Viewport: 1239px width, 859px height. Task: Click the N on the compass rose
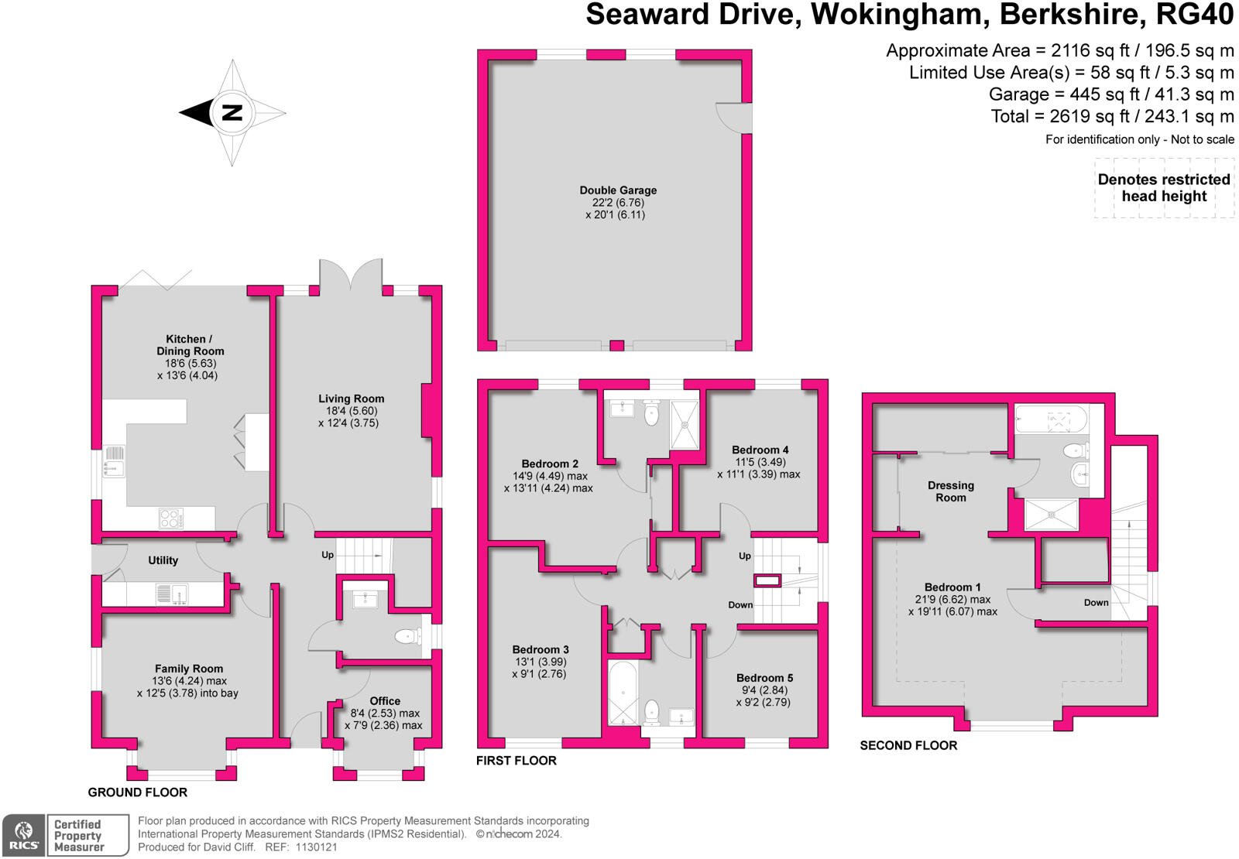pyautogui.click(x=232, y=113)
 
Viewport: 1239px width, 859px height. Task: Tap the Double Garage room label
pyautogui.click(x=618, y=190)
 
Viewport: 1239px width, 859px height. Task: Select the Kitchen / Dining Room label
pyautogui.click(x=190, y=345)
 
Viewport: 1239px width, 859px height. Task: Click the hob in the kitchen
pyautogui.click(x=171, y=518)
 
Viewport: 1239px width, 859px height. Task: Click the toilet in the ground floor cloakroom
pyautogui.click(x=407, y=636)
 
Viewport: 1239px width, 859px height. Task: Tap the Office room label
pyautogui.click(x=385, y=701)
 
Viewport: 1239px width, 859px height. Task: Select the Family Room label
pyautogui.click(x=189, y=669)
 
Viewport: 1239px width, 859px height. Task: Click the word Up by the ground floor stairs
pyautogui.click(x=328, y=555)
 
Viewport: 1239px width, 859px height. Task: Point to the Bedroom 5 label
pyautogui.click(x=764, y=678)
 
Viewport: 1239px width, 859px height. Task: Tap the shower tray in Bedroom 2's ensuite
pyautogui.click(x=684, y=424)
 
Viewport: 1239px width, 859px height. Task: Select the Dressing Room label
pyautogui.click(x=950, y=491)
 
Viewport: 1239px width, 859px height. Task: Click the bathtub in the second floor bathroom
pyautogui.click(x=1051, y=420)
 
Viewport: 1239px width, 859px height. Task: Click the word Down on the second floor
pyautogui.click(x=1096, y=602)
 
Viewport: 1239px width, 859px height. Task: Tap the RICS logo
pyautogui.click(x=24, y=835)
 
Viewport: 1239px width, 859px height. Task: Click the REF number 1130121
pyautogui.click(x=317, y=847)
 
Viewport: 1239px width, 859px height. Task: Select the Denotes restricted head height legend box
pyautogui.click(x=1164, y=188)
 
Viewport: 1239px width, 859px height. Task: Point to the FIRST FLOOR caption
pyautogui.click(x=516, y=761)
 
